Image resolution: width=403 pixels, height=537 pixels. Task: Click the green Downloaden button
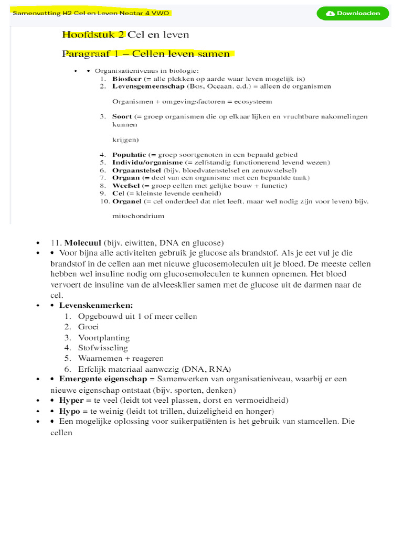pyautogui.click(x=353, y=14)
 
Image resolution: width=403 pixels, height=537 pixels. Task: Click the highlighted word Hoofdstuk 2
pyautogui.click(x=93, y=35)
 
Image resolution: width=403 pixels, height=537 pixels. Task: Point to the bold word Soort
pyautogui.click(x=122, y=116)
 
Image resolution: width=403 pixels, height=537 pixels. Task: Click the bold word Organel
pyautogui.click(x=126, y=201)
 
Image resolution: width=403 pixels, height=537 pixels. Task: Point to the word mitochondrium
pyautogui.click(x=138, y=216)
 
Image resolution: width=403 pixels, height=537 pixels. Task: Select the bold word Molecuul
pyautogui.click(x=83, y=243)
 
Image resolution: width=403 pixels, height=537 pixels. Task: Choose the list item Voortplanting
pyautogui.click(x=103, y=338)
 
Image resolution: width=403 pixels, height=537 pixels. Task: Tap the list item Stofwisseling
pyautogui.click(x=103, y=348)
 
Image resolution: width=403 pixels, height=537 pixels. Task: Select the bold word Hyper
pyautogui.click(x=71, y=400)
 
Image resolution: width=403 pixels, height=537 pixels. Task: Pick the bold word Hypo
pyautogui.click(x=70, y=411)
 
